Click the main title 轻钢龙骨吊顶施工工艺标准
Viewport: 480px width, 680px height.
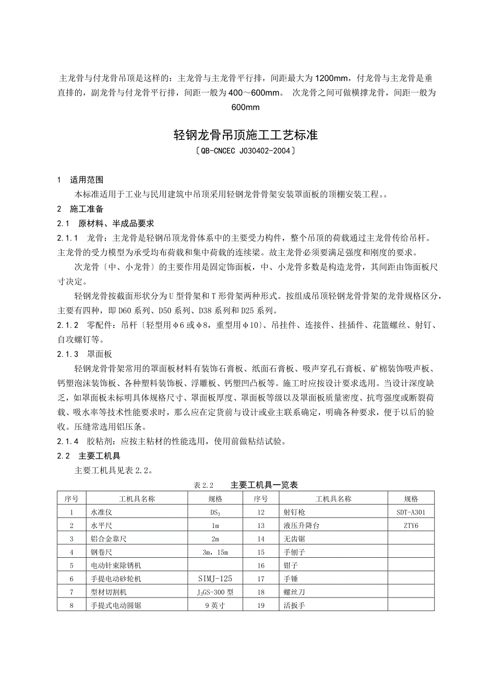[245, 136]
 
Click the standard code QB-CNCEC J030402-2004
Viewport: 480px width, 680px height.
[245, 152]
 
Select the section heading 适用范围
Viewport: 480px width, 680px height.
[87, 179]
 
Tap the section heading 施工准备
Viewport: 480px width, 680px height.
[87, 209]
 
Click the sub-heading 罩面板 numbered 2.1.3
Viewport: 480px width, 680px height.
[99, 354]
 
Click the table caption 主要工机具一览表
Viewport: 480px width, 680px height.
[264, 485]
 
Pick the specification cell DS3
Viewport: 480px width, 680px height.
[215, 512]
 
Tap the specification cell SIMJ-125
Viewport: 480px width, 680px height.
[215, 579]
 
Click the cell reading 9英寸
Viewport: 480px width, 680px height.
[215, 606]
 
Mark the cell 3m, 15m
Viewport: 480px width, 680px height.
[215, 553]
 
